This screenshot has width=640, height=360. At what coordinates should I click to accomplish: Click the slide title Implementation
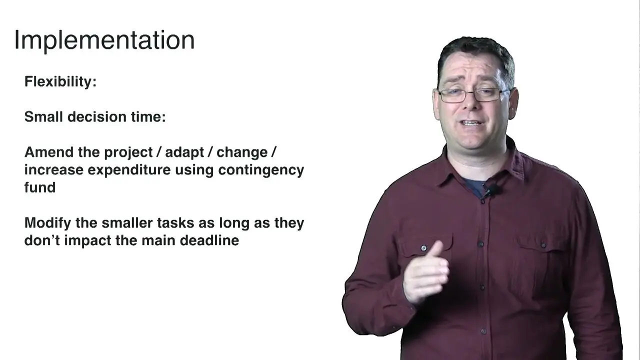pos(104,41)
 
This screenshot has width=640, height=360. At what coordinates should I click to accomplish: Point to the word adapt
pos(184,153)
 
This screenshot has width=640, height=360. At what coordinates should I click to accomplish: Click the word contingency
pos(261,170)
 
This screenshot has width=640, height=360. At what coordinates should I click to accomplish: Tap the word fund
pos(39,187)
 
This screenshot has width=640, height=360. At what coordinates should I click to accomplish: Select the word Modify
pos(47,223)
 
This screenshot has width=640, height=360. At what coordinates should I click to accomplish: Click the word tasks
pos(175,223)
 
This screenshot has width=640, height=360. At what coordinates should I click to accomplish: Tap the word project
pos(128,153)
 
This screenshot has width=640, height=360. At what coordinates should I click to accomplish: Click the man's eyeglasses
pos(473,95)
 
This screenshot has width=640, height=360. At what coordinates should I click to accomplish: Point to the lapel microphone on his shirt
pos(492,189)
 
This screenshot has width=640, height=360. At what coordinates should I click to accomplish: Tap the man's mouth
pos(471,123)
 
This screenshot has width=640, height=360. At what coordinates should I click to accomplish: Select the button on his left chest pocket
pos(543,245)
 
